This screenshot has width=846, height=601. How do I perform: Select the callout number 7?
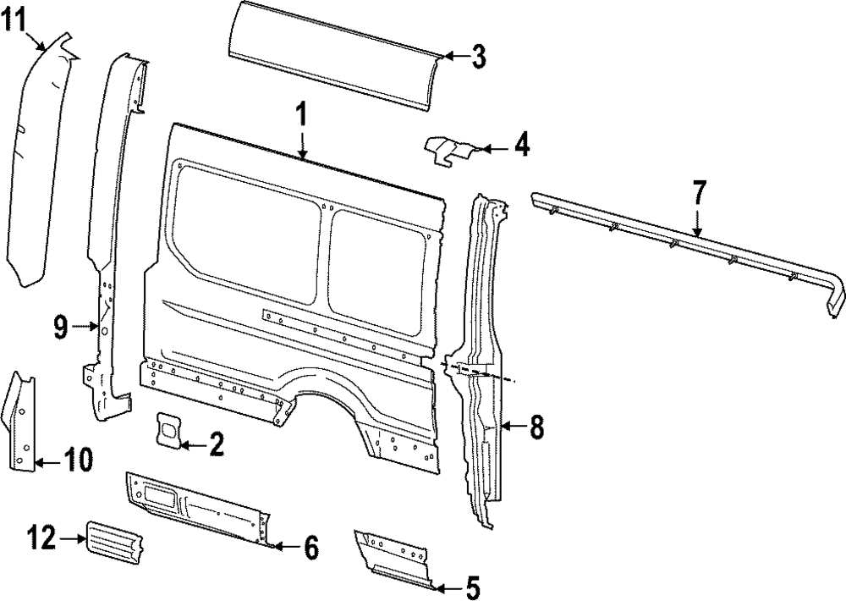pos(698,194)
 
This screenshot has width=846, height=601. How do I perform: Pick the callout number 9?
pos(60,327)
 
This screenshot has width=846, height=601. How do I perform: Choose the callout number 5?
pos(471,586)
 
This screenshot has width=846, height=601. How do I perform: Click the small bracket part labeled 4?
pos(448,151)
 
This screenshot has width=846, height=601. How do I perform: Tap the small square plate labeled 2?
pos(168,428)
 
